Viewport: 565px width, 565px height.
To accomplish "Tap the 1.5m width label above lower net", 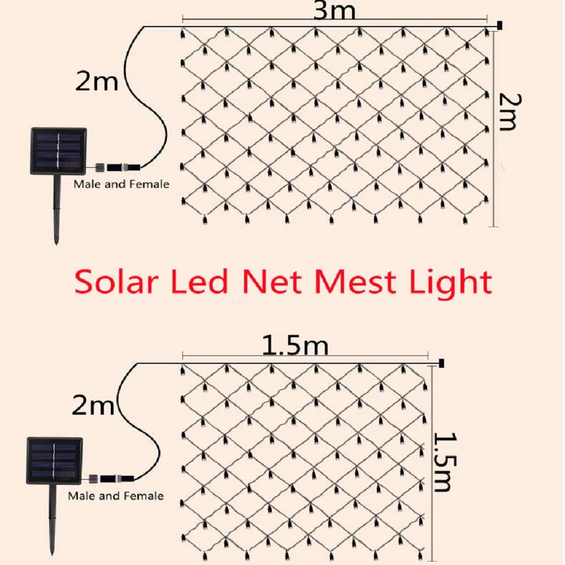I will [x=295, y=346].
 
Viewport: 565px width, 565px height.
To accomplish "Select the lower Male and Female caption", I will [x=116, y=496].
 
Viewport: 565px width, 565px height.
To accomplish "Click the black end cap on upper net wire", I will [x=500, y=25].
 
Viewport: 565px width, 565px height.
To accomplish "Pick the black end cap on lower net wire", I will [x=441, y=362].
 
